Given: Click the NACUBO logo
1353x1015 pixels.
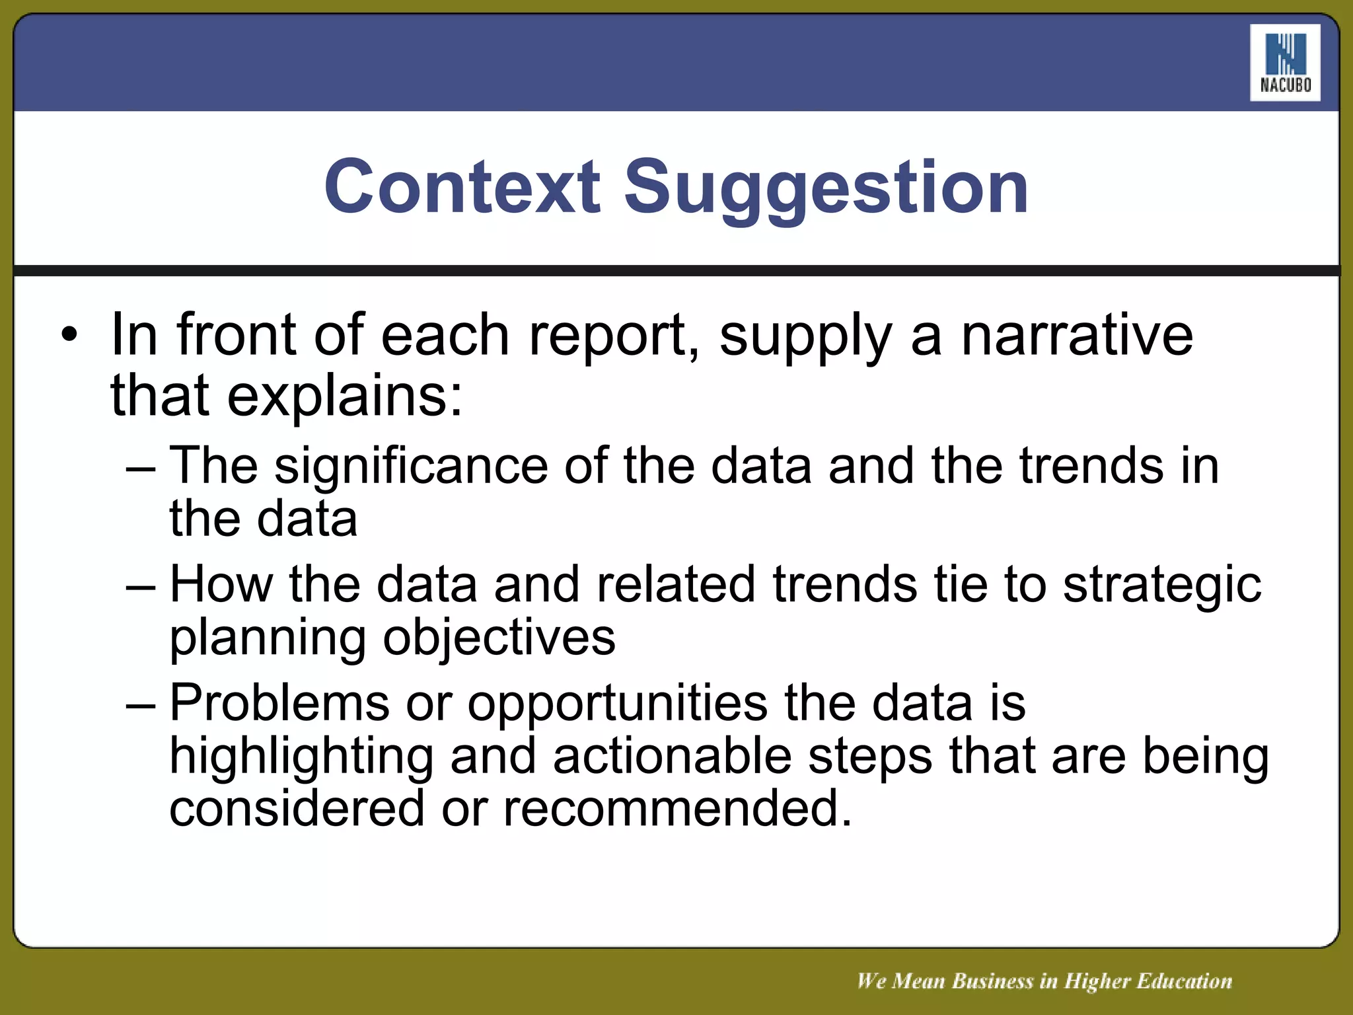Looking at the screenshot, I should [1285, 63].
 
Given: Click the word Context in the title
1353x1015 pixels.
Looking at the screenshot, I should [462, 187].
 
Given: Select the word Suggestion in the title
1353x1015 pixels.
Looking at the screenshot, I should [826, 188].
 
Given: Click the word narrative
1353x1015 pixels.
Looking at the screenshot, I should [1077, 334].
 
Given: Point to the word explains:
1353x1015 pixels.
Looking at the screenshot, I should [345, 396].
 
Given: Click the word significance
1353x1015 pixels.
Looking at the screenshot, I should [411, 467].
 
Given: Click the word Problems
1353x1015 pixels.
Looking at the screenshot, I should [279, 702].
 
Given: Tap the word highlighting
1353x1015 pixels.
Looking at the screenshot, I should [301, 757].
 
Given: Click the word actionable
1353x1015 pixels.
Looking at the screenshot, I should [672, 756].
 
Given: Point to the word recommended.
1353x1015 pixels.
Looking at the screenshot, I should [678, 809].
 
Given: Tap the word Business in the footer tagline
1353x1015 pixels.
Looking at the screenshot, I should [992, 981].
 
